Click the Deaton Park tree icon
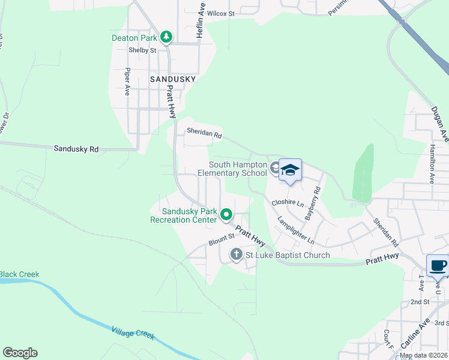click(x=166, y=38)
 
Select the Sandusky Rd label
click(x=76, y=149)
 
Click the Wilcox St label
click(x=221, y=13)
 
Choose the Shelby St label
click(x=143, y=50)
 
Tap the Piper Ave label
click(x=127, y=82)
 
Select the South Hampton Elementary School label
click(x=238, y=169)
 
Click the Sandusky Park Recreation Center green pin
click(x=226, y=214)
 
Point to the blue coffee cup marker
click(x=437, y=265)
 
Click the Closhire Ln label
click(x=288, y=202)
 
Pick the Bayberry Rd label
click(x=312, y=203)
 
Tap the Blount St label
click(x=221, y=239)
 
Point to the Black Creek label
click(x=19, y=274)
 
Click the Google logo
click(x=20, y=353)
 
